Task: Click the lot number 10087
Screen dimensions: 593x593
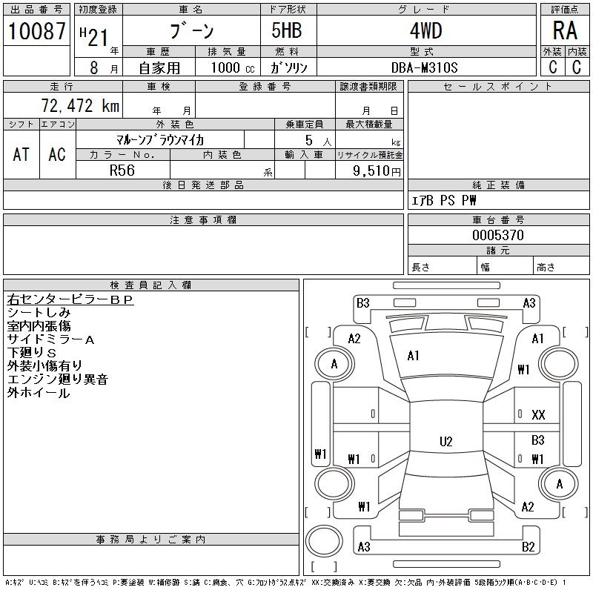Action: click(x=37, y=31)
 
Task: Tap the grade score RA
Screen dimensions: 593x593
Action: click(x=564, y=31)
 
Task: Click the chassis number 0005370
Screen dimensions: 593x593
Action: click(x=498, y=235)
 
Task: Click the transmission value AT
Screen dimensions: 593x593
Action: click(x=21, y=154)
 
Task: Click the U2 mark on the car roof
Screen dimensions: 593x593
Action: click(x=445, y=441)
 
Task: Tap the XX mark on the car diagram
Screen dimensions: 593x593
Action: click(x=538, y=415)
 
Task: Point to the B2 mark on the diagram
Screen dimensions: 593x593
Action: click(x=529, y=547)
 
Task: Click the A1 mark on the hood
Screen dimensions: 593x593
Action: click(x=413, y=356)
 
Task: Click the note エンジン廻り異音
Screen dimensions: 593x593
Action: click(x=57, y=380)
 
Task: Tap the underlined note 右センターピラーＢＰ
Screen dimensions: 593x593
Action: click(x=70, y=299)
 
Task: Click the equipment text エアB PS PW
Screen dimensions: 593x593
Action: click(x=444, y=200)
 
